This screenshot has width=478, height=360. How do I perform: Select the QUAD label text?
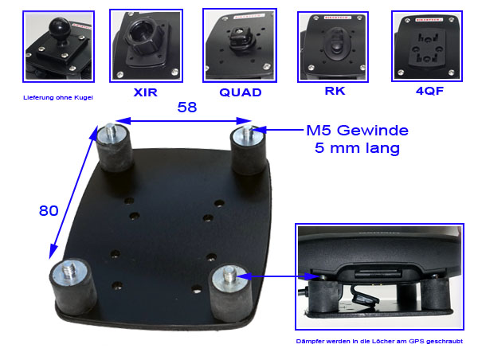click(x=240, y=92)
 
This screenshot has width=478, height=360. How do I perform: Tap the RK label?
click(x=335, y=91)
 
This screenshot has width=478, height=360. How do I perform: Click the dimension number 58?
click(x=184, y=107)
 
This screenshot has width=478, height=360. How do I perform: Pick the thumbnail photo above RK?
click(x=334, y=45)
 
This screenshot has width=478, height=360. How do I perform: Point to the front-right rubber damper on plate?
click(x=232, y=292)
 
